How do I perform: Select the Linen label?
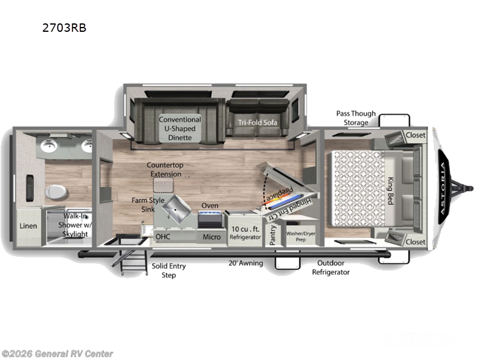28,226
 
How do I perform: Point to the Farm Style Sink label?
148,204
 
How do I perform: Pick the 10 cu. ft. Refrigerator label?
245,232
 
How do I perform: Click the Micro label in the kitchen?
211,237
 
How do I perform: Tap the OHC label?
163,237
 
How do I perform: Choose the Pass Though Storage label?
355,118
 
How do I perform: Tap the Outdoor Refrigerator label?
330,268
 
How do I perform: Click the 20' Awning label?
245,263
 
